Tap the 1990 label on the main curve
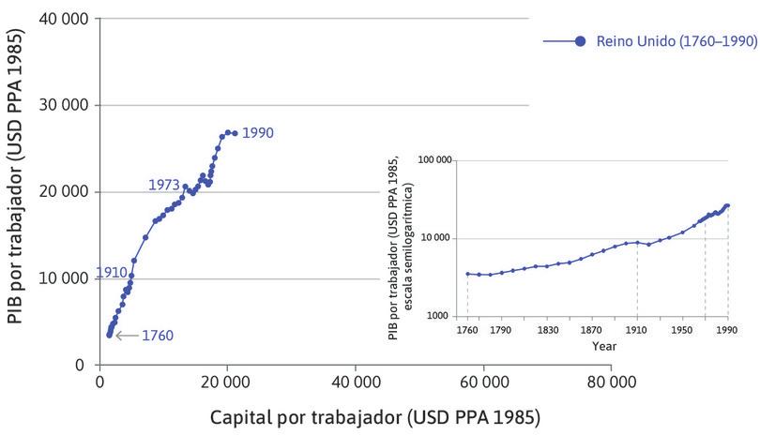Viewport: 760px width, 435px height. [x=257, y=133]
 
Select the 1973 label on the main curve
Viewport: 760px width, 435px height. [x=163, y=185]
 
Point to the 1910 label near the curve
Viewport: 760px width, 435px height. [x=111, y=273]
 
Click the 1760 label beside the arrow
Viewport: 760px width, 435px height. [x=157, y=335]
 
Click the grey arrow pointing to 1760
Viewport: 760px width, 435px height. [x=124, y=335]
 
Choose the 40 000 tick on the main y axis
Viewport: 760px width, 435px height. [x=59, y=18]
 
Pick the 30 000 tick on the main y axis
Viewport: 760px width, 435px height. [x=59, y=105]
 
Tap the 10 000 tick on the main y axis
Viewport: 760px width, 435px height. [x=59, y=278]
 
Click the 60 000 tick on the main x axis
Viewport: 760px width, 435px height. [x=484, y=382]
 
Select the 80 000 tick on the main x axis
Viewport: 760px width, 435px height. [x=612, y=382]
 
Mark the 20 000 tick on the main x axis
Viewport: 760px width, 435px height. [x=227, y=382]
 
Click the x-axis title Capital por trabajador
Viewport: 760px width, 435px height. [x=375, y=415]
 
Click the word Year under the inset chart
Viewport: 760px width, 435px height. [x=604, y=346]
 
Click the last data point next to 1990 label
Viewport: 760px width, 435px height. [x=235, y=133]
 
